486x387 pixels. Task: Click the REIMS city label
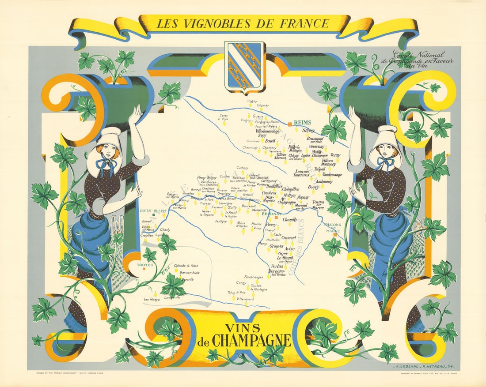click(303, 123)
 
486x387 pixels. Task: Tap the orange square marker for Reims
click(290, 123)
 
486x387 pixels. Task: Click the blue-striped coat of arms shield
click(244, 66)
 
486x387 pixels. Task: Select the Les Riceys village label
click(152, 299)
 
